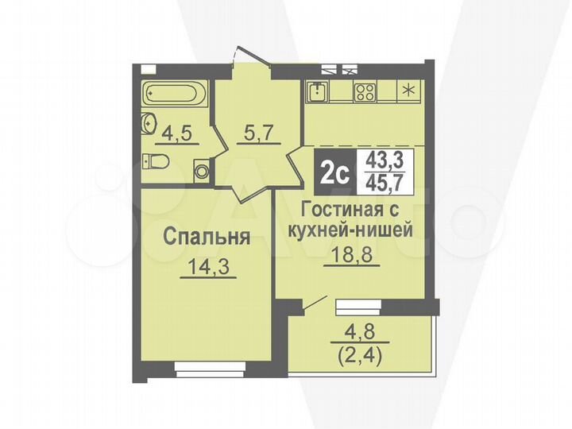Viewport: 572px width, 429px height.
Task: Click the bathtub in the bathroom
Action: click(174, 95)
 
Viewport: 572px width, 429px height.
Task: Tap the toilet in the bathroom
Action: click(156, 162)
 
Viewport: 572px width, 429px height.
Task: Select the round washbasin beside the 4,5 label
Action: click(149, 125)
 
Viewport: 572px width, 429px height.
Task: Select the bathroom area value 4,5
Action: click(179, 131)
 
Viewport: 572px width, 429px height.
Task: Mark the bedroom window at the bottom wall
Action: click(208, 368)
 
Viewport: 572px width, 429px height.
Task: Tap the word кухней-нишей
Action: click(355, 231)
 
